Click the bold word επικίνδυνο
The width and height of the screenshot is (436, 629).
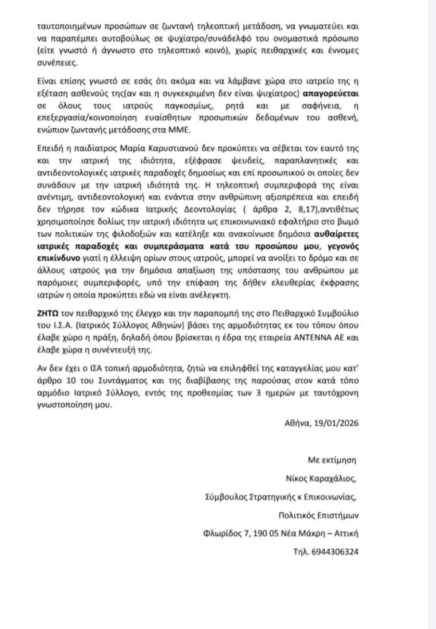pyautogui.click(x=53, y=258)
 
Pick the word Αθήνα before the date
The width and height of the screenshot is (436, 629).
pyautogui.click(x=297, y=423)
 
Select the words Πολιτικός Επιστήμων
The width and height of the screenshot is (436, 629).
pyautogui.click(x=318, y=515)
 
